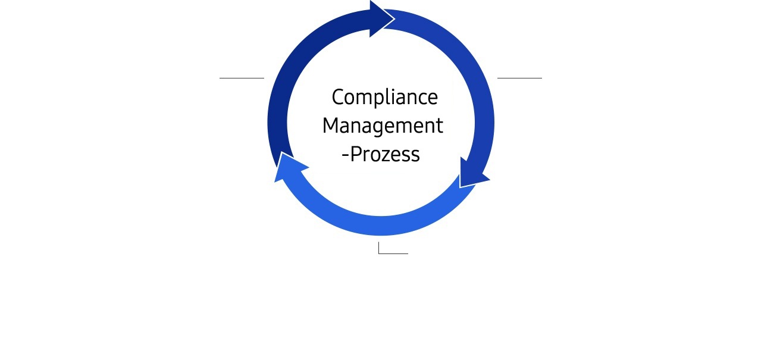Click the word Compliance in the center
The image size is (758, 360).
[385, 97]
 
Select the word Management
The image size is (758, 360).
[383, 126]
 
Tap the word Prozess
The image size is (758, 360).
[385, 154]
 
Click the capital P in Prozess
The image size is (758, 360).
[356, 154]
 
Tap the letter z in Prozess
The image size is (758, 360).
[385, 156]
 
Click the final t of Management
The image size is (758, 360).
[440, 126]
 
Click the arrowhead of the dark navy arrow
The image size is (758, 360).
[382, 19]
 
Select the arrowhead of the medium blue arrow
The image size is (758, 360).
[473, 174]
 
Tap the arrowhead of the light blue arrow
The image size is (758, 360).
[289, 167]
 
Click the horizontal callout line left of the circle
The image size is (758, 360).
[242, 78]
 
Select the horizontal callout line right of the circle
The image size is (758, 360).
[519, 78]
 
